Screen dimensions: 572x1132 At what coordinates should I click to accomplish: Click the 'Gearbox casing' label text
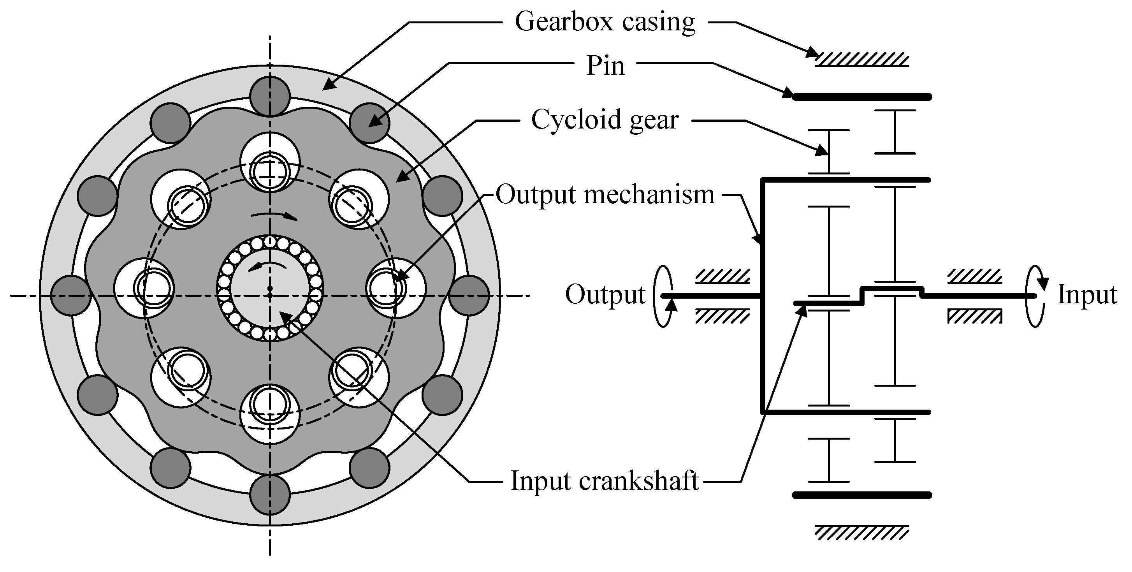pyautogui.click(x=605, y=22)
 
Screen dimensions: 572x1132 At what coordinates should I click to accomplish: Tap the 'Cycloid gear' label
pyautogui.click(x=605, y=120)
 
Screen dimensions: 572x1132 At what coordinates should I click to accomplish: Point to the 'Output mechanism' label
pyautogui.click(x=605, y=194)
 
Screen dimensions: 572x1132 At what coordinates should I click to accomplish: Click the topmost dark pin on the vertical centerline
pyautogui.click(x=270, y=96)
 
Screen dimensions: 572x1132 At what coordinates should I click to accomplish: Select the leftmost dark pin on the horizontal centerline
pyautogui.click(x=71, y=295)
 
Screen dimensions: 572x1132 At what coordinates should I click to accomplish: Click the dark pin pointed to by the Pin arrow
pyautogui.click(x=369, y=123)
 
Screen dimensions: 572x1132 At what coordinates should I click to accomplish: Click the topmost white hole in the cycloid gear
pyautogui.click(x=270, y=162)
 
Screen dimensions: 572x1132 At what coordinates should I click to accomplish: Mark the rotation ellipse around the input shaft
pyautogui.click(x=1035, y=296)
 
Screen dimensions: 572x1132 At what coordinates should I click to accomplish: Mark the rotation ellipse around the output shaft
pyautogui.click(x=664, y=296)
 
